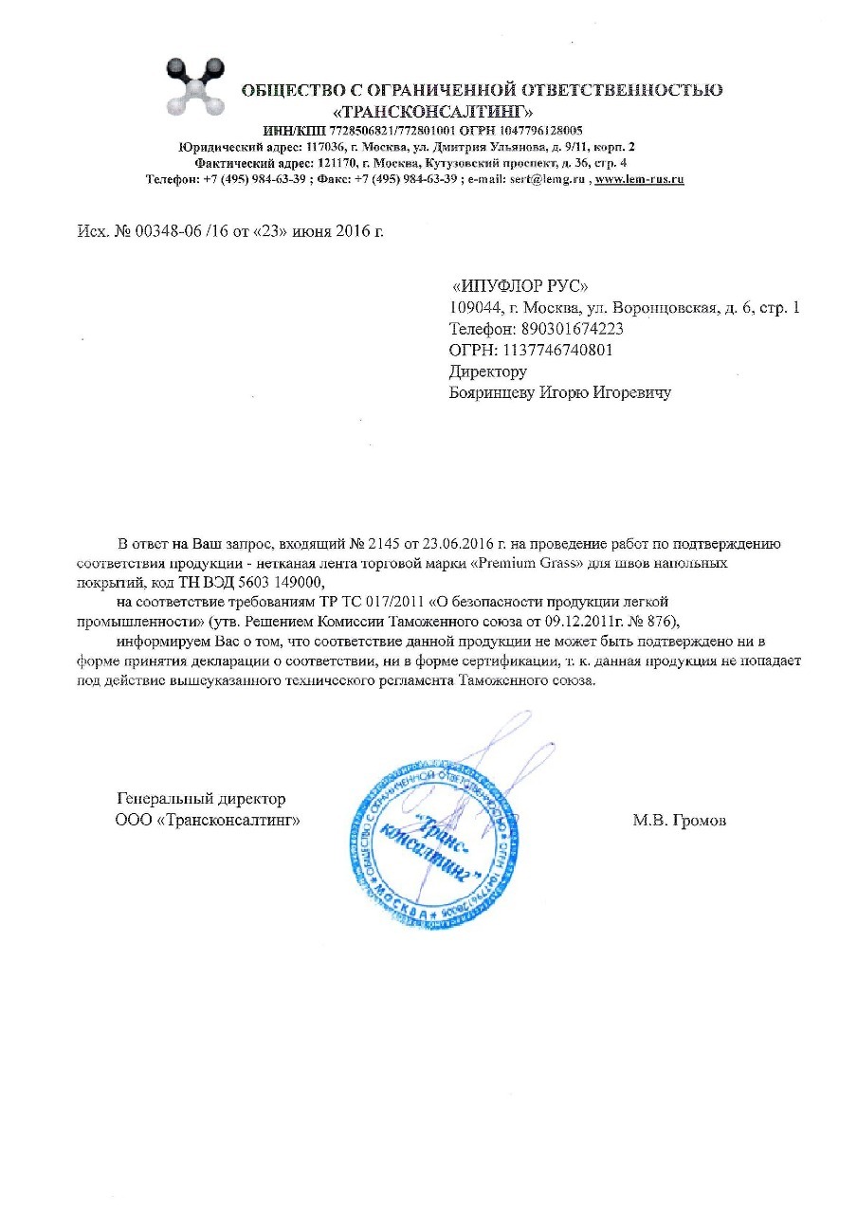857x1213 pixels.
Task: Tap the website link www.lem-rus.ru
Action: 639,178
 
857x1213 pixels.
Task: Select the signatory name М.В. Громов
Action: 679,820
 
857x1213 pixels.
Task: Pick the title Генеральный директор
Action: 201,799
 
